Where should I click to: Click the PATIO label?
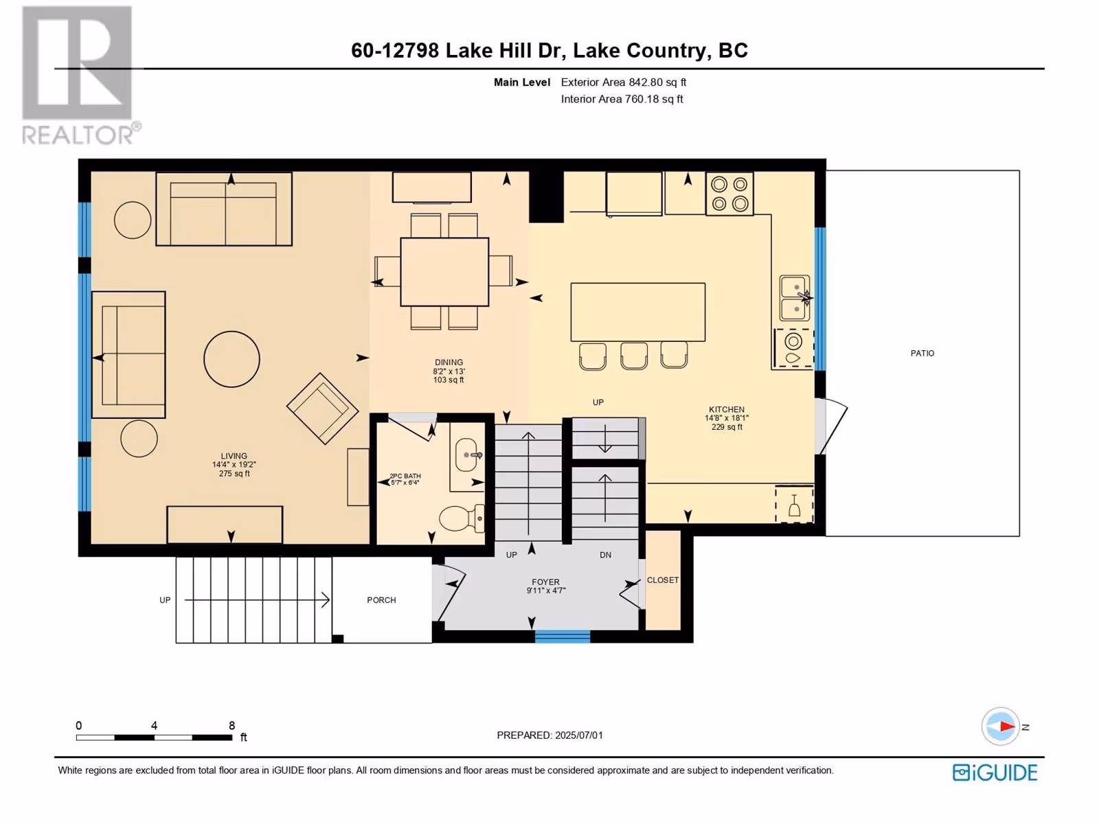(x=922, y=353)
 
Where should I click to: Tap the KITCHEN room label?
(x=727, y=409)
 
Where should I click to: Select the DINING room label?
(x=449, y=363)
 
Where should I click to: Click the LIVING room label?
(x=234, y=456)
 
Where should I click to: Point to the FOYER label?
(x=546, y=582)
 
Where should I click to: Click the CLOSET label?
(x=663, y=580)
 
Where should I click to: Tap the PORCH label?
(x=381, y=600)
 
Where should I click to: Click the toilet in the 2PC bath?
(x=462, y=518)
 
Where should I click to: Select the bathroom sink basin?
(x=466, y=455)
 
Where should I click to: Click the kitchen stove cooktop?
(x=729, y=194)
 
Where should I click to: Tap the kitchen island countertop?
(x=638, y=312)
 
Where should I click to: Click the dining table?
(x=444, y=272)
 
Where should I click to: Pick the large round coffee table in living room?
(x=231, y=358)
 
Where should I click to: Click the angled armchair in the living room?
(x=322, y=409)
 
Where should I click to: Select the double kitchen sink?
(x=795, y=298)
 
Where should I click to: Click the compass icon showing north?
(x=1000, y=726)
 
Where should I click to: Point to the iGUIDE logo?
(x=995, y=773)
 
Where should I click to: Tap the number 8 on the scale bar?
(x=231, y=725)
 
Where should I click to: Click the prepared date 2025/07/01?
(x=579, y=735)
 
